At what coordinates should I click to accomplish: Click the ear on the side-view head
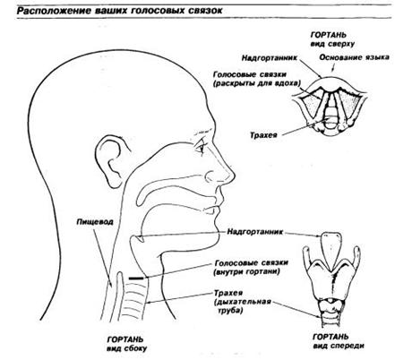111,161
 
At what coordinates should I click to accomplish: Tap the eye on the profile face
201,146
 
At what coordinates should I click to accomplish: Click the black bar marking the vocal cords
136,279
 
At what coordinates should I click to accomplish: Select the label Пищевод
95,222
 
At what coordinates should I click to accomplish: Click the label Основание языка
354,57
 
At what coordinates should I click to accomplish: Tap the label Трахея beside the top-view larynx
263,135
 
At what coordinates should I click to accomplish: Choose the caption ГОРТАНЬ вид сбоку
126,344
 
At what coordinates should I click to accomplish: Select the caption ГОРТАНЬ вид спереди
339,341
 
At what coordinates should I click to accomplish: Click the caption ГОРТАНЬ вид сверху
332,39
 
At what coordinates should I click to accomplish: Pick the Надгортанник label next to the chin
254,232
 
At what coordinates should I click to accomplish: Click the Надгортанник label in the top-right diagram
270,57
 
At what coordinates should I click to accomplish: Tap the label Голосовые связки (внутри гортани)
252,268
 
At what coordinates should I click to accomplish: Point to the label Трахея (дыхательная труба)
242,302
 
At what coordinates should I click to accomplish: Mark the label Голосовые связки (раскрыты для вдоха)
257,79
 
